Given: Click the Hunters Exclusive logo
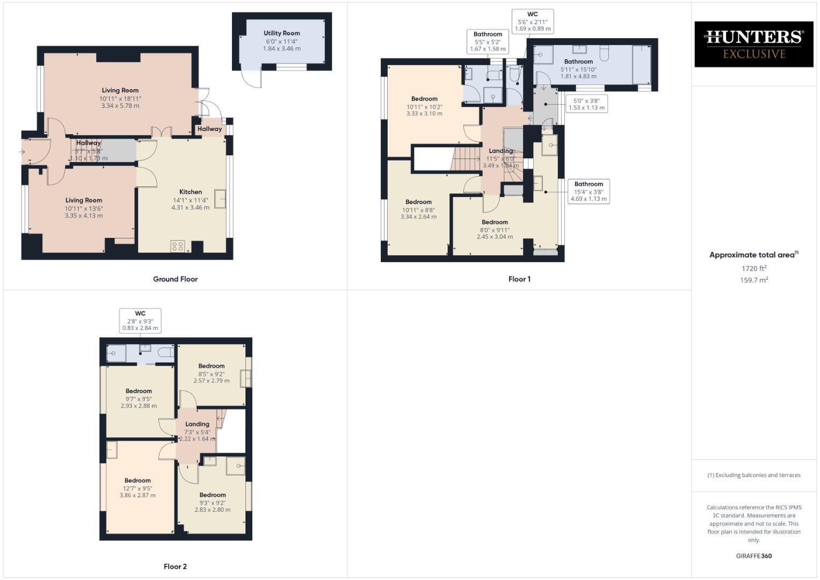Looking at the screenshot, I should click(753, 44).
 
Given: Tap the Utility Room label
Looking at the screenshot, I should click(281, 33).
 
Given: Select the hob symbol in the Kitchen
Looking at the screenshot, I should click(178, 246).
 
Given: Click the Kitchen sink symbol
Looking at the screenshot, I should click(220, 199).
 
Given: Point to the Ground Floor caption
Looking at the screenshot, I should click(175, 279).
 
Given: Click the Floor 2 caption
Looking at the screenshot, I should click(175, 567).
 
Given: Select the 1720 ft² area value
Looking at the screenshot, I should click(753, 269).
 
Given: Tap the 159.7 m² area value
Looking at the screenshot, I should click(753, 280).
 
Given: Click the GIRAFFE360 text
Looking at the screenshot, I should click(753, 556).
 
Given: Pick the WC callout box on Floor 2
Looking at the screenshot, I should click(140, 321).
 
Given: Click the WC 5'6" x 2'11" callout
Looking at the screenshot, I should click(532, 21).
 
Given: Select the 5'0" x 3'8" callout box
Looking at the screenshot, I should click(586, 104).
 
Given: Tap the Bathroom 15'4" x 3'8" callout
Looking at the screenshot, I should click(589, 191).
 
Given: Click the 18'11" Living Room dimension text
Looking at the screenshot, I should click(120, 99).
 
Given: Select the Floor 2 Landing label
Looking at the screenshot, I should click(197, 424).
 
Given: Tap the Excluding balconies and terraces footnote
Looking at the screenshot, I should click(753, 475).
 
